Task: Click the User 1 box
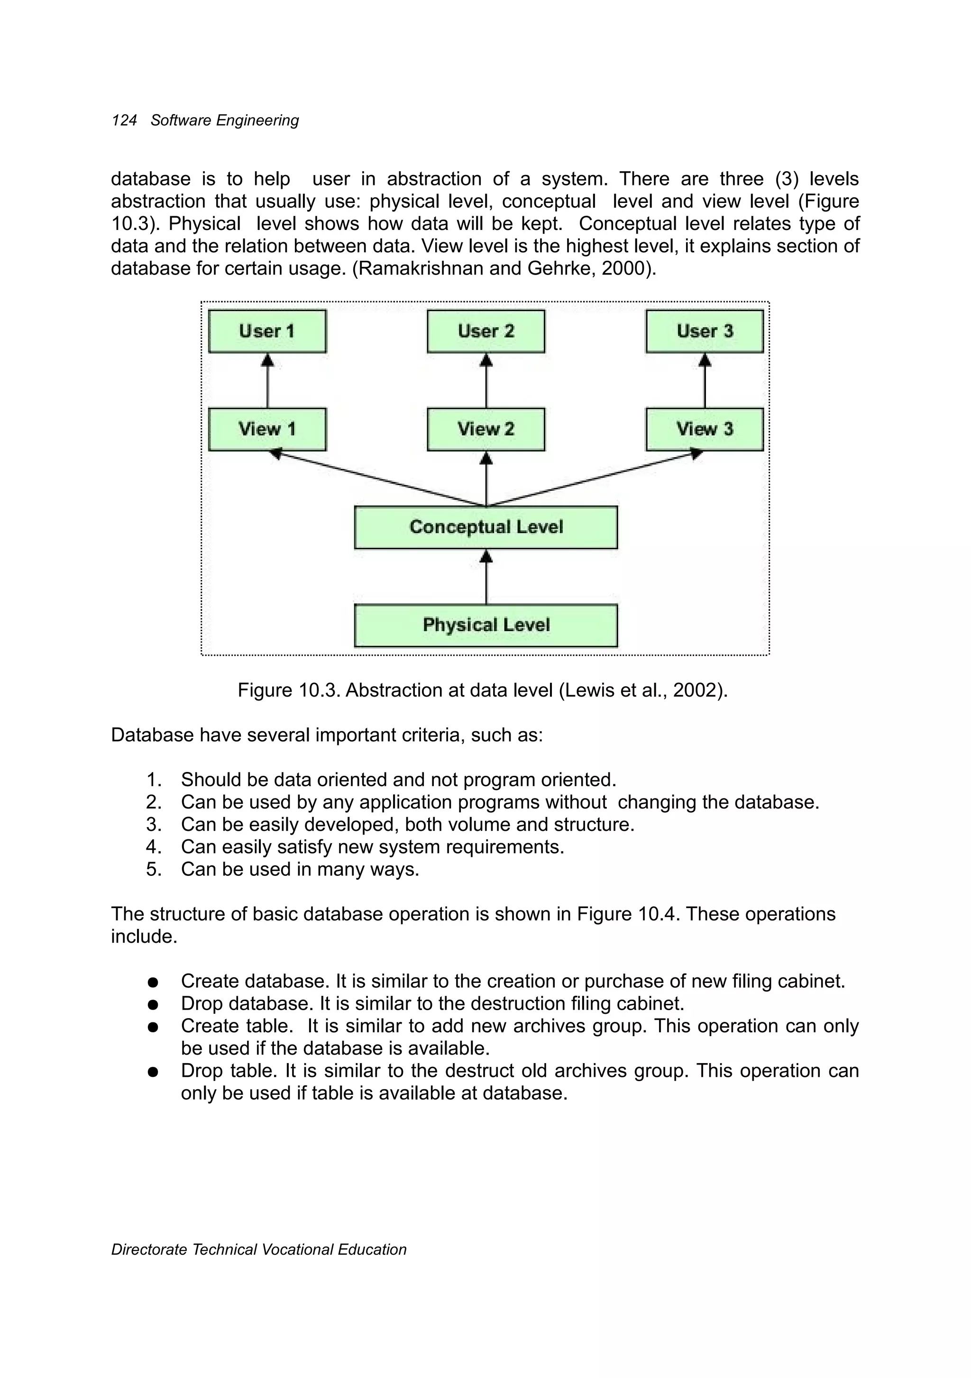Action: pyautogui.click(x=267, y=331)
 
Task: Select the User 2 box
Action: pyautogui.click(x=486, y=331)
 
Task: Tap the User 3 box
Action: pyautogui.click(x=705, y=331)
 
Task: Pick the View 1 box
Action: pyautogui.click(x=267, y=429)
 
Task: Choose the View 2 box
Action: pyautogui.click(x=486, y=429)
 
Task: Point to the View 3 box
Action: pyautogui.click(x=705, y=429)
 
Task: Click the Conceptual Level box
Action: pyautogui.click(x=486, y=527)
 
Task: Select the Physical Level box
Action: pyautogui.click(x=486, y=625)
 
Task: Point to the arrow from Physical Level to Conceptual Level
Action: pyautogui.click(x=486, y=577)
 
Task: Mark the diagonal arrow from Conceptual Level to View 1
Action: pyautogui.click(x=378, y=479)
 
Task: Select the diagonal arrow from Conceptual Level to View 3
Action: pyautogui.click(x=594, y=479)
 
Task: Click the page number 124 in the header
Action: pyautogui.click(x=124, y=120)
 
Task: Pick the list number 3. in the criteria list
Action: pyautogui.click(x=154, y=825)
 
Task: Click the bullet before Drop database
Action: pyautogui.click(x=153, y=1004)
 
